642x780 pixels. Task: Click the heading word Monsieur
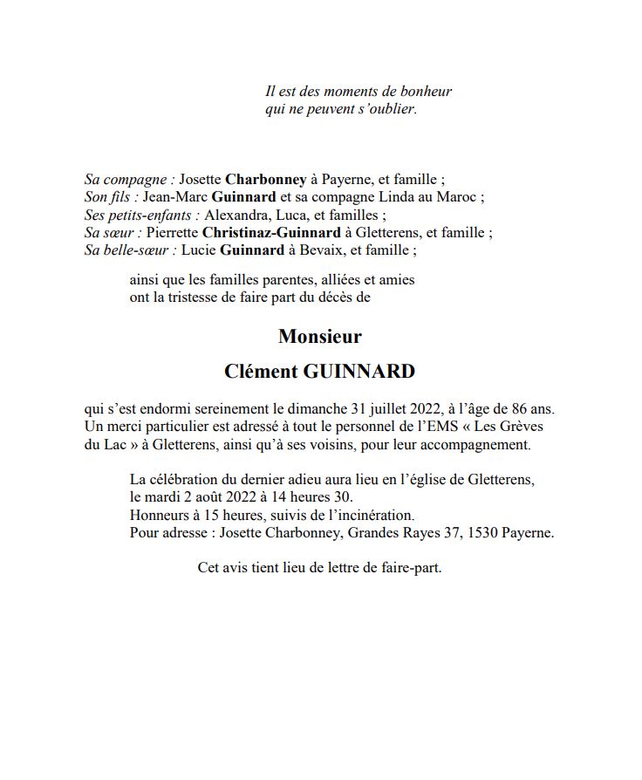319,336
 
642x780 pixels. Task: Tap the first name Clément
259,371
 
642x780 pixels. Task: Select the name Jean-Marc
174,197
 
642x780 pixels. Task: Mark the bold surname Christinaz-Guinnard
271,233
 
